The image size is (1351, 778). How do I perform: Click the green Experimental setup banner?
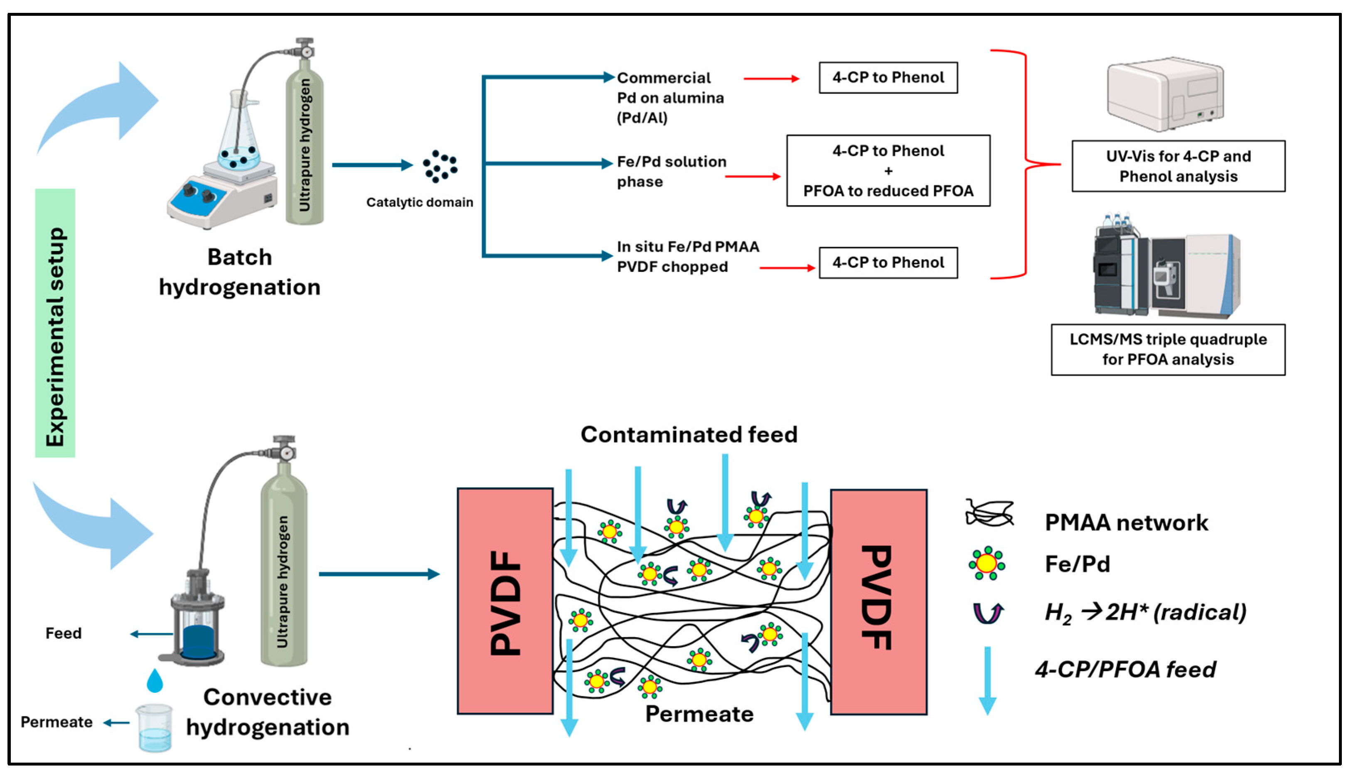(55, 323)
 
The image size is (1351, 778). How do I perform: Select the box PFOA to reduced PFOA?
(888, 171)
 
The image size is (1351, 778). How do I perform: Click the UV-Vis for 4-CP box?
(1178, 166)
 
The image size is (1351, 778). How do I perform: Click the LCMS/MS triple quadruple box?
(1168, 350)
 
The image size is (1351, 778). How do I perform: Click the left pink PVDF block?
(505, 601)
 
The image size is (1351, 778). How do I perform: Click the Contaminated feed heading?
(689, 434)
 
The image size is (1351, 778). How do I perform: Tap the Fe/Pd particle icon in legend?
(986, 563)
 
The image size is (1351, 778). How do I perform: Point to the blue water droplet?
(155, 681)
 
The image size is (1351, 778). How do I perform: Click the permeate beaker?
(155, 728)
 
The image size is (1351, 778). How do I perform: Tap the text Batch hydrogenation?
(239, 272)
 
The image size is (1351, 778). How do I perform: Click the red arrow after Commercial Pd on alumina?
(771, 79)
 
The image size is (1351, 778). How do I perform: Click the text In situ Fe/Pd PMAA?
(687, 247)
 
